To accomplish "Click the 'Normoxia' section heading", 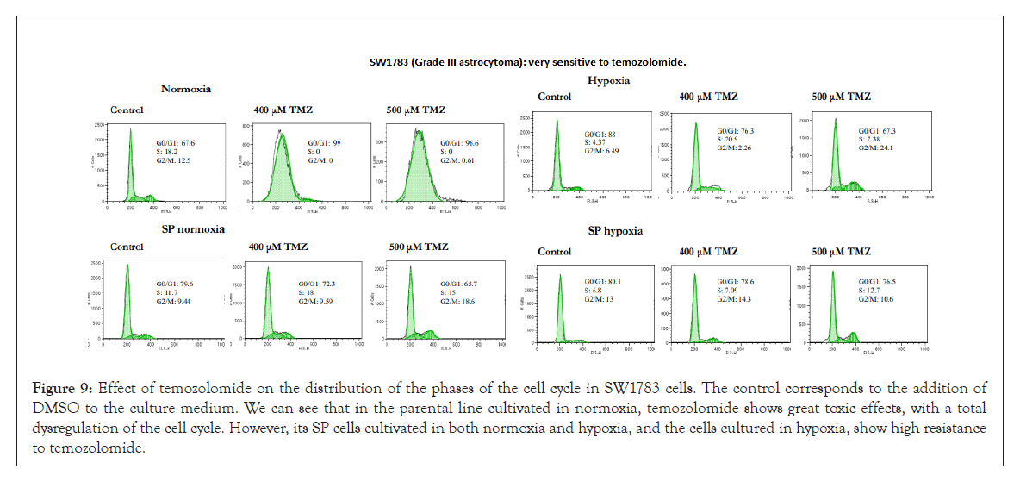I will [x=186, y=89].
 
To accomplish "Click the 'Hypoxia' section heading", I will [x=608, y=79].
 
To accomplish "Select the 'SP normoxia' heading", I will [x=193, y=229].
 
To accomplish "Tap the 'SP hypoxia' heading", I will [x=613, y=231].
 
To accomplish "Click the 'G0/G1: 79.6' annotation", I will [x=175, y=284].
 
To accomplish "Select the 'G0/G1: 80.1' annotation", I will [x=602, y=281].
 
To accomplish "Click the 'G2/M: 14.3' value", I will [x=735, y=299].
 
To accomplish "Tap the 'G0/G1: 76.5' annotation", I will [x=879, y=281].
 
